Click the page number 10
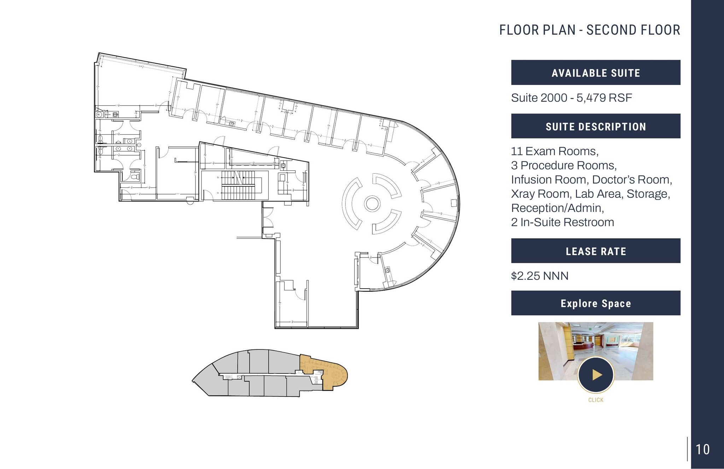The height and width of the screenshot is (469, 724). (702, 450)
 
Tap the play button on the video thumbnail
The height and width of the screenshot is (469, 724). (596, 375)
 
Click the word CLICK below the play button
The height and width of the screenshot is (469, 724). (596, 400)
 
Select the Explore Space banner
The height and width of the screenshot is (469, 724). (596, 303)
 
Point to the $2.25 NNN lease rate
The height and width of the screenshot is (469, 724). (539, 276)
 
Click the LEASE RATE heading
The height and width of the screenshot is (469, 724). (596, 251)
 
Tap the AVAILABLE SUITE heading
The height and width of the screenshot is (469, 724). (596, 73)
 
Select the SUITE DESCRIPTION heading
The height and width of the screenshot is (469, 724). (596, 126)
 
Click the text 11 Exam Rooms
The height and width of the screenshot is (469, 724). (554, 151)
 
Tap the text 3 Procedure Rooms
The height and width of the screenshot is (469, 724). (564, 166)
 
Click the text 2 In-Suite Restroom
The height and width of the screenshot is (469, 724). (562, 222)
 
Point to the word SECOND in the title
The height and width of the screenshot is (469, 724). (609, 30)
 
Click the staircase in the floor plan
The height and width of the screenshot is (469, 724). (238, 185)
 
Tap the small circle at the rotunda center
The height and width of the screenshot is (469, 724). (372, 204)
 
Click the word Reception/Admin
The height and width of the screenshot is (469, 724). (557, 208)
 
